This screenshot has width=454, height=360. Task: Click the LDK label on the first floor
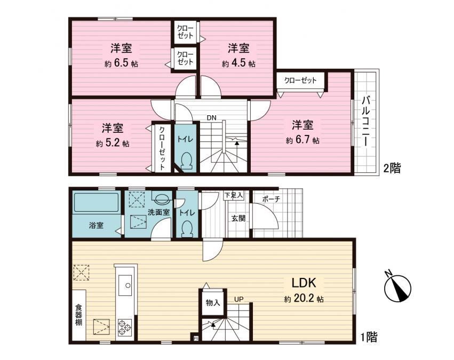pos(304,283)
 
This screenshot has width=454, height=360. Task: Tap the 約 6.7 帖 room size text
pos(302,140)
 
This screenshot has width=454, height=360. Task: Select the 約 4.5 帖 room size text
pos(238,63)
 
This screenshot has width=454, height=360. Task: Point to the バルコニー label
pos(366,122)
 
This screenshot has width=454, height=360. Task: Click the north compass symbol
pos(397,287)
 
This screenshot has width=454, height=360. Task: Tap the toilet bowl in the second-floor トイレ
pos(187,161)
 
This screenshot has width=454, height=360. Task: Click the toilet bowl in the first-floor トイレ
pos(187,229)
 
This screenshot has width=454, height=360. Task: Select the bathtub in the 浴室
pos(97,203)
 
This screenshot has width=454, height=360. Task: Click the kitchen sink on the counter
pos(125,285)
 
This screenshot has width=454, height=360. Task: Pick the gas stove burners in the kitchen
pos(125,327)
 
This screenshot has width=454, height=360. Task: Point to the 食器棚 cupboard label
pos(79,315)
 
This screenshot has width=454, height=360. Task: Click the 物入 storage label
pos(213,303)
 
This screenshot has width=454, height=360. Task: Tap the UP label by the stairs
pos(239,299)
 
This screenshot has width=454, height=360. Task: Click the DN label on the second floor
pos(211,117)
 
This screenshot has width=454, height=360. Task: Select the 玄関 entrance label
pos(238,218)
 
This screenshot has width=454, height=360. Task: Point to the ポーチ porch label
pos(271,199)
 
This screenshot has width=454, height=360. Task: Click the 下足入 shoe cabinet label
pos(233,195)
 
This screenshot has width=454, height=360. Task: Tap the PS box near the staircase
pos(196,338)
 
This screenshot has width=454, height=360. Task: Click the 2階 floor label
pos(392,168)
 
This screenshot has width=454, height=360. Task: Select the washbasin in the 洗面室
pos(162,198)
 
